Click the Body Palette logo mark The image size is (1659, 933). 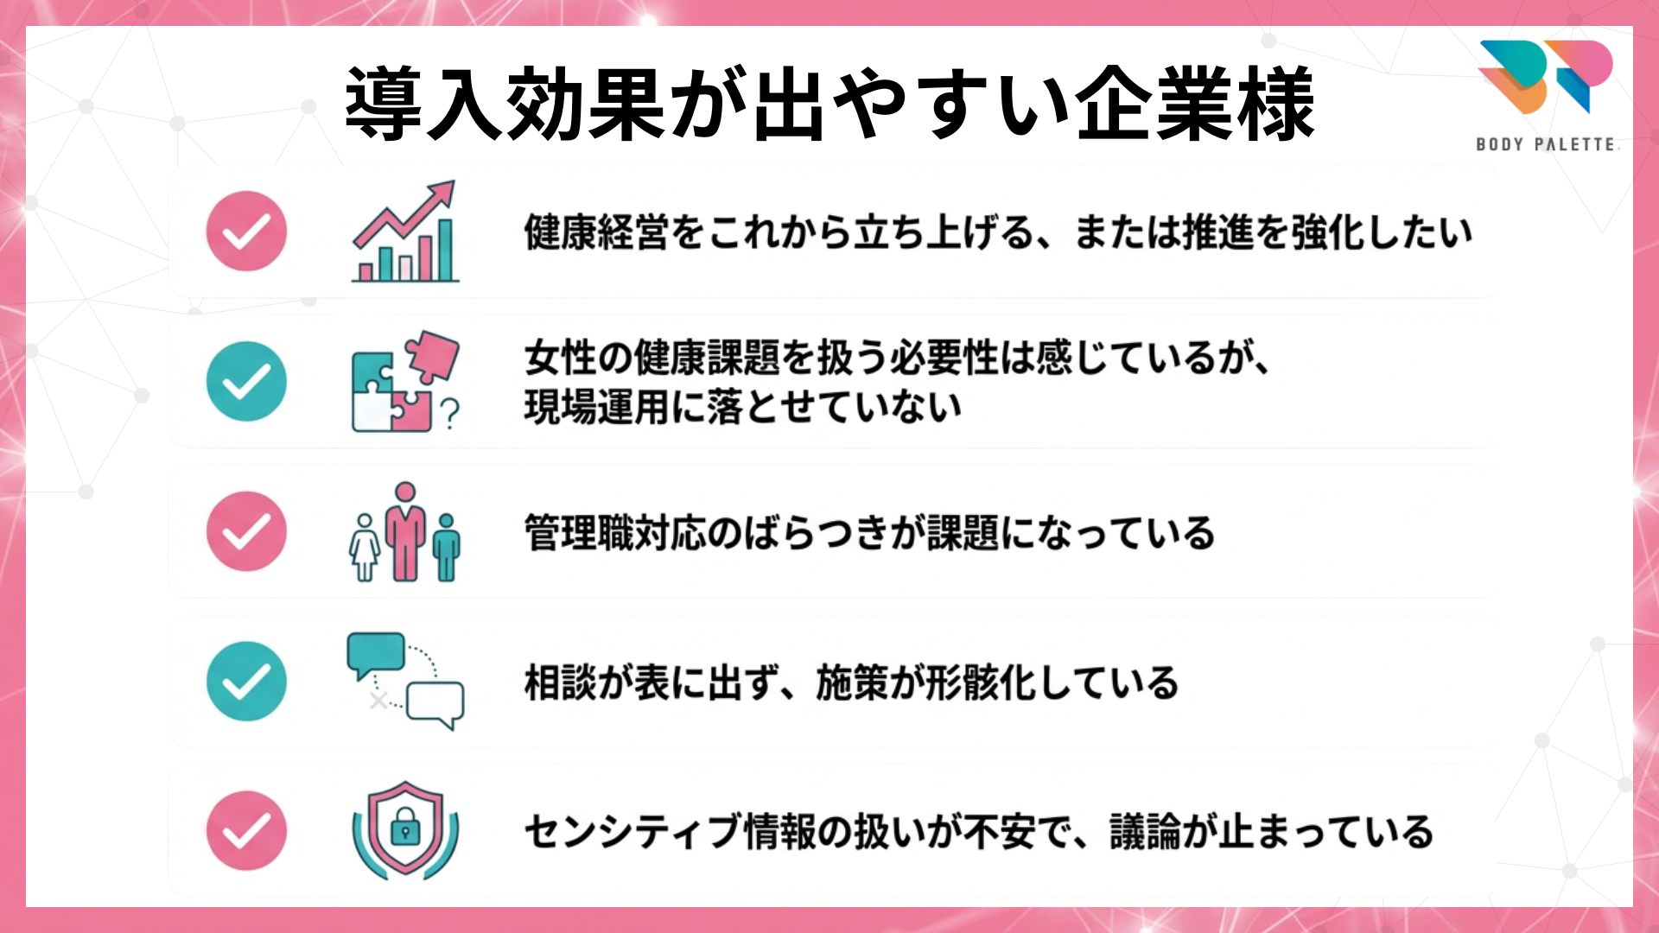coord(1545,77)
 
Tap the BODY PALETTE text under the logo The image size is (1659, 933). coord(1546,144)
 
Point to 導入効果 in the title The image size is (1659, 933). coord(505,104)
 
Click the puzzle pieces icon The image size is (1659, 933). coord(405,381)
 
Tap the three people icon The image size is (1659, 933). coord(405,532)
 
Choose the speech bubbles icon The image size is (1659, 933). coord(405,681)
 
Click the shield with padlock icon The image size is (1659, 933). coord(405,830)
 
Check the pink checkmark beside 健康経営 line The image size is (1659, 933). coord(246,231)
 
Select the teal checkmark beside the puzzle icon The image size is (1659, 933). coord(246,381)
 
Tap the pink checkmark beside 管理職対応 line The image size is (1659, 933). coord(246,531)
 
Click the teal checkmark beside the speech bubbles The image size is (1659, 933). coord(246,682)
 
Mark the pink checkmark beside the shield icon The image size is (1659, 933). coord(246,831)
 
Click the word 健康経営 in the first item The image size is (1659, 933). coord(596,232)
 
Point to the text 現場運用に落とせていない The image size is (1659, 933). coord(743,407)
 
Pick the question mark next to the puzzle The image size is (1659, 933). coord(449,414)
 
